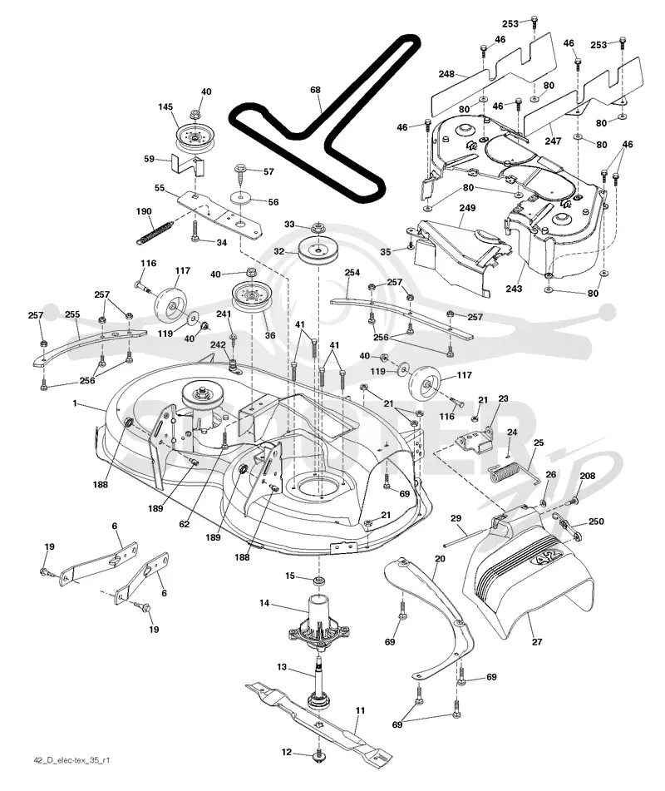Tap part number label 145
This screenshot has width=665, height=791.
[165, 107]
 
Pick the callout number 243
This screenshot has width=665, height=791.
[514, 289]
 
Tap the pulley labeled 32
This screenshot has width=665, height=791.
[318, 250]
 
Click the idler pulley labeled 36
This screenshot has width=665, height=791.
[250, 298]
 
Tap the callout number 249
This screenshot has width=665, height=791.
[467, 208]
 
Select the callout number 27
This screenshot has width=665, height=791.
[537, 641]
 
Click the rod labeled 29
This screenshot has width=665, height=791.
[466, 536]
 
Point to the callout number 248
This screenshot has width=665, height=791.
[446, 74]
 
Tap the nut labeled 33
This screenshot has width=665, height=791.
[318, 228]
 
